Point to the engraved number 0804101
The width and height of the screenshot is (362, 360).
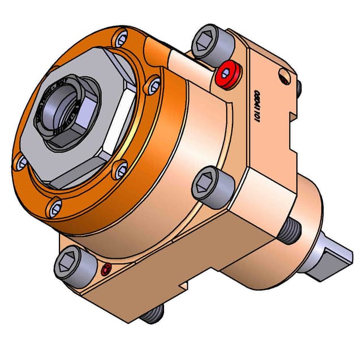pos(256,106)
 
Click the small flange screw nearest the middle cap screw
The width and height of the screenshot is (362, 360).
pos(120,169)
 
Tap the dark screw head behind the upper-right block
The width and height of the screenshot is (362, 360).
pos(299,86)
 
